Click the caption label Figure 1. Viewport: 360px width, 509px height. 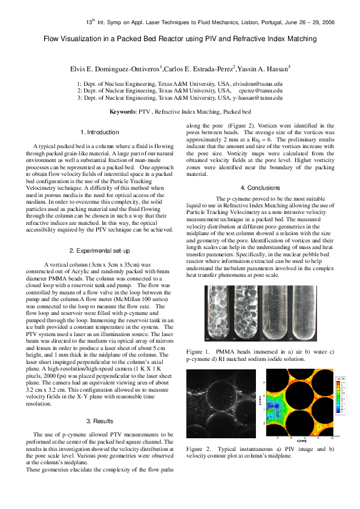pos(198,351)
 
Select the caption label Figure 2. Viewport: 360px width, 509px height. pos(198,449)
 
